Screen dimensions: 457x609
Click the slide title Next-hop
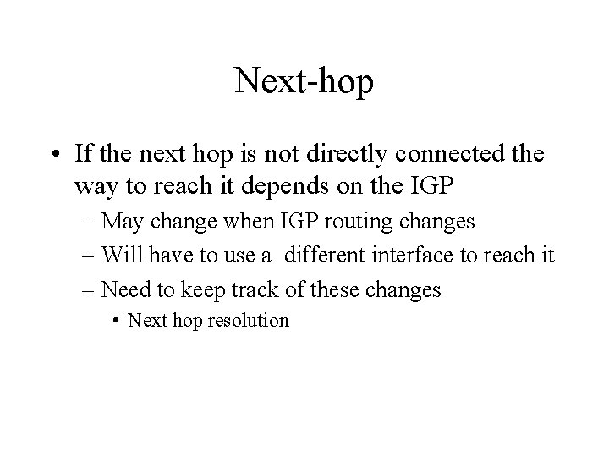(304, 81)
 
